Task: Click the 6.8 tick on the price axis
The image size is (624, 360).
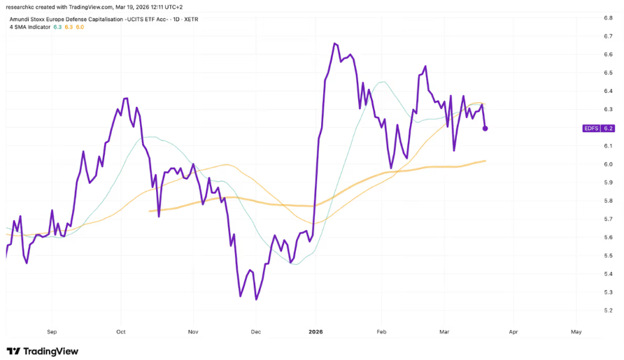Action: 608,17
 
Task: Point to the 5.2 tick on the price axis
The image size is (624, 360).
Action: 608,310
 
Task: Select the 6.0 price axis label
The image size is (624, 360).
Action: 608,164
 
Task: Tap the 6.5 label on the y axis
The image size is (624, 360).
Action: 608,73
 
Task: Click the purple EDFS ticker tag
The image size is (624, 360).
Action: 591,129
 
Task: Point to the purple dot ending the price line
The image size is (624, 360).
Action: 485,129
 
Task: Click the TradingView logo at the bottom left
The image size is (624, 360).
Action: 43,351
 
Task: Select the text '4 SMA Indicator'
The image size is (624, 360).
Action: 29,27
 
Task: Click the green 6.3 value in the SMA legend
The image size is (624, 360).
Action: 57,27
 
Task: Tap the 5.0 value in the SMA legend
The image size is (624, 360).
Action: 80,27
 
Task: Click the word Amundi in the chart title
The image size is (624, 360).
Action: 20,19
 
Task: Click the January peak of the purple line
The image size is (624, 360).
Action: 335,43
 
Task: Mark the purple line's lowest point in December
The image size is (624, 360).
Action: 256,300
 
